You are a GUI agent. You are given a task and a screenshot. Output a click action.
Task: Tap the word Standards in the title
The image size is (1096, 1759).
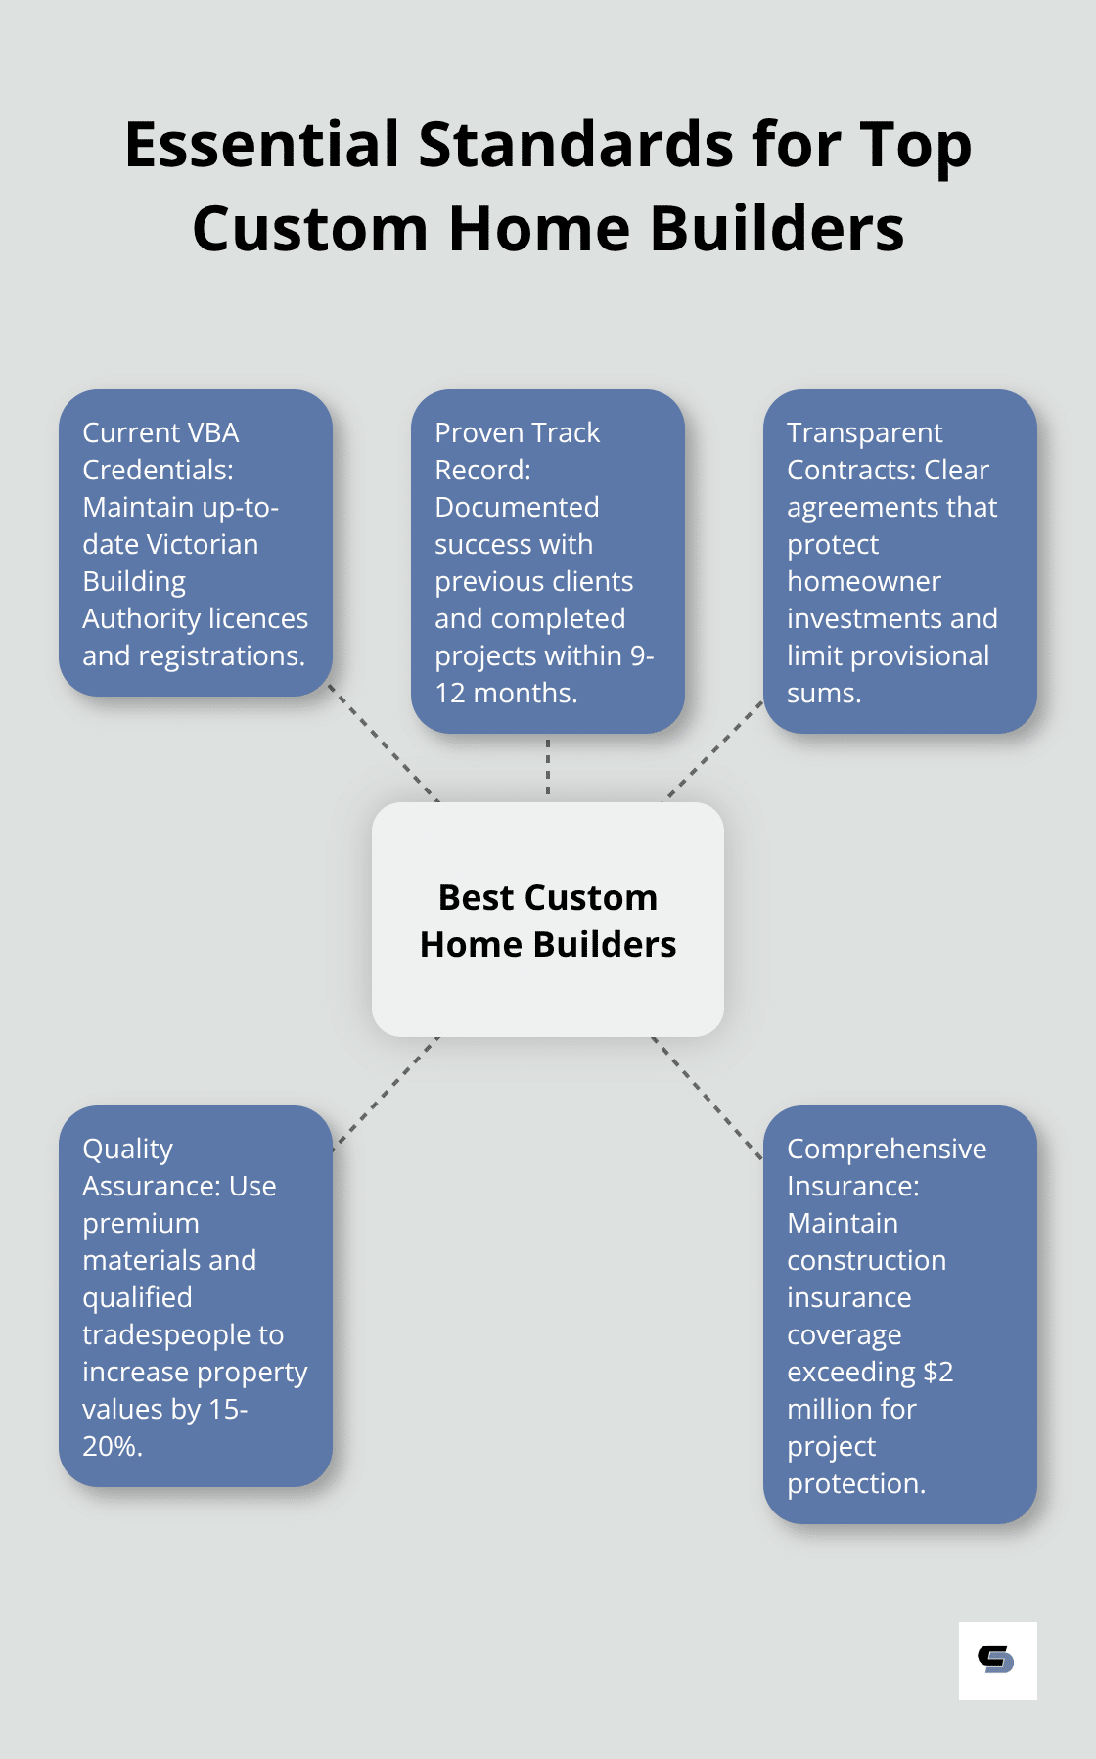[x=576, y=145]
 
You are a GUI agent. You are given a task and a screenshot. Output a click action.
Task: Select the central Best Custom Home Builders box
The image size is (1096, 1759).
[x=548, y=920]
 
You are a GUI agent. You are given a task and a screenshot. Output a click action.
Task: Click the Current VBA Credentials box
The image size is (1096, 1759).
[x=196, y=543]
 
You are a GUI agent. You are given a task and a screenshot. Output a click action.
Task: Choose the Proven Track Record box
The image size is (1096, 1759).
[x=548, y=562]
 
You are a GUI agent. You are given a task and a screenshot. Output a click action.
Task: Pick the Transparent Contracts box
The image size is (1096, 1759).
[x=899, y=562]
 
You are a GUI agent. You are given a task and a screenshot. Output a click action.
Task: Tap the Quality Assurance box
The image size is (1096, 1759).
[x=196, y=1295]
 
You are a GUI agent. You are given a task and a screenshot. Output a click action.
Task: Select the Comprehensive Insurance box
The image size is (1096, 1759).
[x=899, y=1314]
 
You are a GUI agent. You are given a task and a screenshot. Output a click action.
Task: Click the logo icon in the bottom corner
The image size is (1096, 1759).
[x=997, y=1660]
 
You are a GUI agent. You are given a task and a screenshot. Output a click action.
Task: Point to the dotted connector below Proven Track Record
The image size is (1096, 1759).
[x=548, y=767]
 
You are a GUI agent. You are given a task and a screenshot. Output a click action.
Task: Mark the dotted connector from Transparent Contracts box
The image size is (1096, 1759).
[x=713, y=750]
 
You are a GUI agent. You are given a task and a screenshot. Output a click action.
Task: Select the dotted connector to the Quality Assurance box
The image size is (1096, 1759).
[x=386, y=1092]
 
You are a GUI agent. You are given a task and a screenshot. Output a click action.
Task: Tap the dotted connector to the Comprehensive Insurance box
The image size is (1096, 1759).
[x=707, y=1098]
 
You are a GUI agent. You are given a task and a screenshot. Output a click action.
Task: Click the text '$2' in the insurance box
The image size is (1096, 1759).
[x=937, y=1372]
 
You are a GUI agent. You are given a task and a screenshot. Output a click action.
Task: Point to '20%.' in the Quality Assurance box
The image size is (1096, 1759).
[x=113, y=1446]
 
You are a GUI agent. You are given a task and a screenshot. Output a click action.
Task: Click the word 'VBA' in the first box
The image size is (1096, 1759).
[x=209, y=432]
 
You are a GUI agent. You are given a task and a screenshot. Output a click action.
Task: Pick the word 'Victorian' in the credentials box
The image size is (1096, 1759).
[x=199, y=544]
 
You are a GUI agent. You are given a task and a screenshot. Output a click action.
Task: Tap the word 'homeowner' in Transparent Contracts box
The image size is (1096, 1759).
[x=864, y=581]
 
